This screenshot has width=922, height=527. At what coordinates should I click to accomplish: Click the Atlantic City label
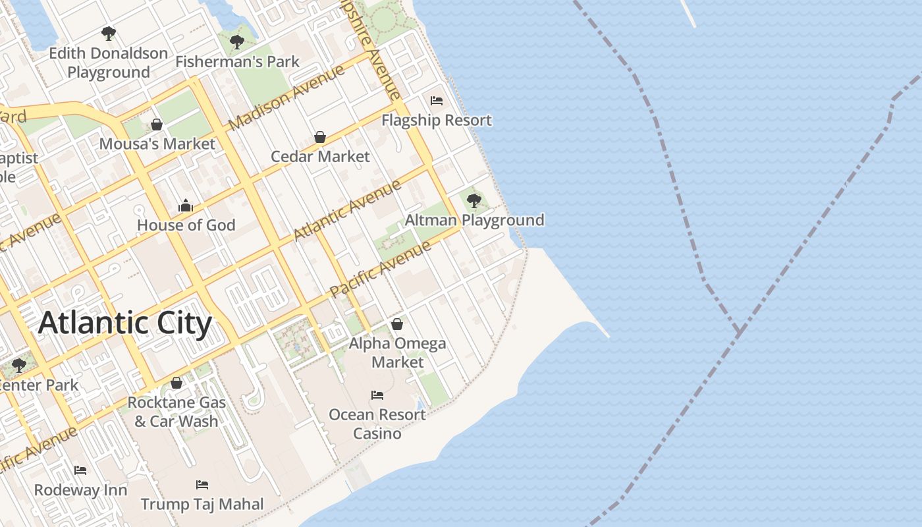coord(125,323)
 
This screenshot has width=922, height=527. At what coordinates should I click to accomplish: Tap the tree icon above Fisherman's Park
coord(237,43)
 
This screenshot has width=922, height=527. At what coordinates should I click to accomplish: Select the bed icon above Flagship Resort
coord(436,101)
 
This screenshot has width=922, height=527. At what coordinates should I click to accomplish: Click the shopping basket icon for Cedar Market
coord(320,137)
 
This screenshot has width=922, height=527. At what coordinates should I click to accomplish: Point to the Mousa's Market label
coord(157,144)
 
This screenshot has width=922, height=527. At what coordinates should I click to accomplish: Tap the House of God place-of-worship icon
coord(186,206)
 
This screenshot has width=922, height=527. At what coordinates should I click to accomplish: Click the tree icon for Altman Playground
coord(474,201)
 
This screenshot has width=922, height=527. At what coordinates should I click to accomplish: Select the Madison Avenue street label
coord(286,97)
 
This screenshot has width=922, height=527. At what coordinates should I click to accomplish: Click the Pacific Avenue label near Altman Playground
coord(380,269)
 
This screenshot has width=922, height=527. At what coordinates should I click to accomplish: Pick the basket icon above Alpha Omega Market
coord(397,324)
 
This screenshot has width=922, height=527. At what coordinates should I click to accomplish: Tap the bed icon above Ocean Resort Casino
coord(377,395)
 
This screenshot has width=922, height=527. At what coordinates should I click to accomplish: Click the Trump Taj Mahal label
coord(202,505)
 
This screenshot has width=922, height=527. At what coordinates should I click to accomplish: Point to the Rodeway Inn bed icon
coord(80,470)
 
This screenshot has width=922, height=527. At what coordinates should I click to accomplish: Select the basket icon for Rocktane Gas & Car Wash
coord(176,383)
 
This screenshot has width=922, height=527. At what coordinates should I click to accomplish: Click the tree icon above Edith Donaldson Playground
coord(109,33)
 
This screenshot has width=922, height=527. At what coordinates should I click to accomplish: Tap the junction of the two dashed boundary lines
coord(740,330)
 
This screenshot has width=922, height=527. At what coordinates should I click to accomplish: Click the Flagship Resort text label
coord(437,121)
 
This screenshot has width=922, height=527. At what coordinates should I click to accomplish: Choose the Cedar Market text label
coord(321,157)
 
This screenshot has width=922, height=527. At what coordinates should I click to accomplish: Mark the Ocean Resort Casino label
coord(377,424)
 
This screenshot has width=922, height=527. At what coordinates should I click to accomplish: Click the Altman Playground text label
coord(475,220)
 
